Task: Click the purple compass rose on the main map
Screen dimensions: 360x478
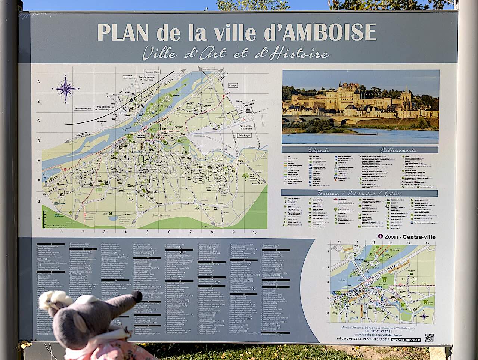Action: pyautogui.click(x=66, y=89)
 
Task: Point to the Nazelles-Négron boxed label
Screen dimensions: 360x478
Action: pyautogui.click(x=83, y=108)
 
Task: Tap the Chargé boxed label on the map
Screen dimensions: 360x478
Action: pyautogui.click(x=233, y=85)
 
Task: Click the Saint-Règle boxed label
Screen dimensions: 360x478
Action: pyautogui.click(x=244, y=136)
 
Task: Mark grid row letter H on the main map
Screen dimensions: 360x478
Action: pyautogui.click(x=39, y=219)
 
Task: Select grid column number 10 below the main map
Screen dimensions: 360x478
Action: pyautogui.click(x=254, y=232)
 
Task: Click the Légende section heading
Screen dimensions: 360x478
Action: pyautogui.click(x=319, y=150)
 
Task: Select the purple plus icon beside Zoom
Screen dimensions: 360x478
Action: pyautogui.click(x=381, y=236)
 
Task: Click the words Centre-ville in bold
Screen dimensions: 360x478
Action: pyautogui.click(x=419, y=237)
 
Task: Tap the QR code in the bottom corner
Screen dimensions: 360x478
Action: pyautogui.click(x=429, y=338)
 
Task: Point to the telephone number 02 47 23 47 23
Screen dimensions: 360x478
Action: pyautogui.click(x=378, y=332)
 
